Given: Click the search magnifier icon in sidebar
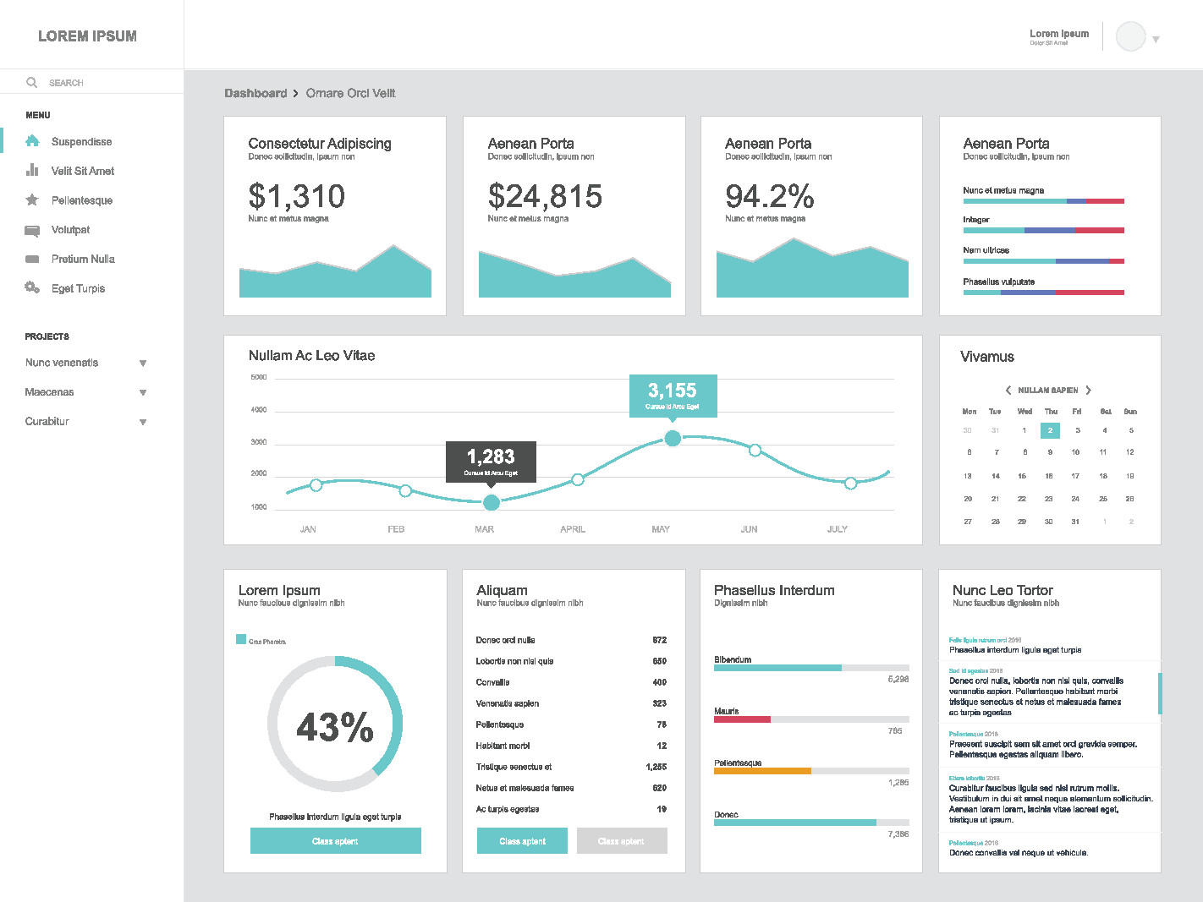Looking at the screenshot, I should coord(32,83).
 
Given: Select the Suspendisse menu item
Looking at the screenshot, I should coord(81,142).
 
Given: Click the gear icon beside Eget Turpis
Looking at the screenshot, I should coord(32,288).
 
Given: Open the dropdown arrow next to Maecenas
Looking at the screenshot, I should coord(143,392).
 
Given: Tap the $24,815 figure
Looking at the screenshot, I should coord(545,197).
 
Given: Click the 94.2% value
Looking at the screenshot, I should coord(769,197).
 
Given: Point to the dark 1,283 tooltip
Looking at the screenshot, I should coord(491,461).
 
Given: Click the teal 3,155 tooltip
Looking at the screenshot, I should coord(673,394).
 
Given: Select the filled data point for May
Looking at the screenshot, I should coord(673,438).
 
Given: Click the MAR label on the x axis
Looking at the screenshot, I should coord(484,529).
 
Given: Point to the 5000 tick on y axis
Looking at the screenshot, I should coord(259,377).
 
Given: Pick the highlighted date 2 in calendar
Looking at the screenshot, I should coord(1050,430).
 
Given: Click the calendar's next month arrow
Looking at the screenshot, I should coord(1089,391).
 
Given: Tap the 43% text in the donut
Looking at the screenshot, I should coord(335,727).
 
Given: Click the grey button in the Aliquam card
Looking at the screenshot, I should coord(622,841).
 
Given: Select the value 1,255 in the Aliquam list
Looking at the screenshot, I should coord(656,767).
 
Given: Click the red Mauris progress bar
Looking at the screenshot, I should coord(742,719).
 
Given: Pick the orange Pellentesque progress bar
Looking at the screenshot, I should coord(762,771).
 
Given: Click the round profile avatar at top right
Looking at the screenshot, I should coord(1130,37).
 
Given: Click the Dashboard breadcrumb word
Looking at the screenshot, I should coord(255,94).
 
